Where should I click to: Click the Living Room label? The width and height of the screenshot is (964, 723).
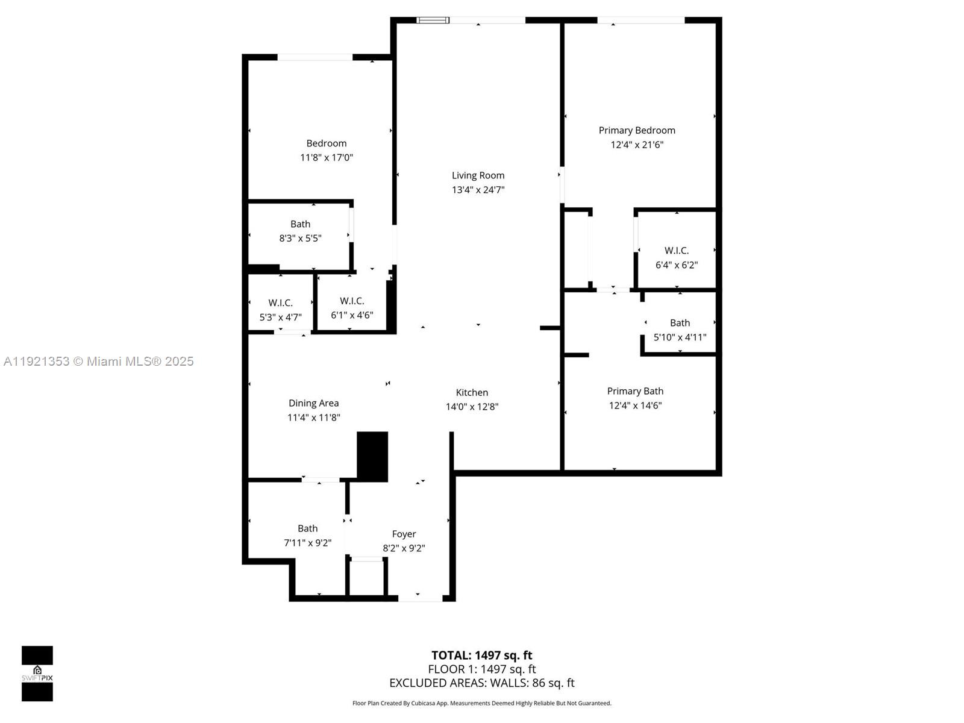coord(478,175)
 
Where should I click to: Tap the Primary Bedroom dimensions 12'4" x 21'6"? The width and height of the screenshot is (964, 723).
coord(637,145)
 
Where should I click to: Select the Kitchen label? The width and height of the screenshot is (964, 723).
coord(472,392)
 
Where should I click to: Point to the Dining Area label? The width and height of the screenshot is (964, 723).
coord(313,403)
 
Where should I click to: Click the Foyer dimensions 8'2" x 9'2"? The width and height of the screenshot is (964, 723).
coord(404,548)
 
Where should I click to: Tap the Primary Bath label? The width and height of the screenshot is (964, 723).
coord(635,391)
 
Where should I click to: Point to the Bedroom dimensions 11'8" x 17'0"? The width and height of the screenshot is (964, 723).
coord(327,158)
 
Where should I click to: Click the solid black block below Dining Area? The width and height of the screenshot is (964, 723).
coord(372,456)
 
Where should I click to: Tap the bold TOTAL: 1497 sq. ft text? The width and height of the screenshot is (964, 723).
coord(481,656)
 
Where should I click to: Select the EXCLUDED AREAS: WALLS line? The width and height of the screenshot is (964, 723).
coord(481,683)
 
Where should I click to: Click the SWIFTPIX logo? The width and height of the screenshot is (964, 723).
coord(37,674)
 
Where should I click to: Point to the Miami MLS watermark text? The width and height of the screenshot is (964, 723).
coord(99,361)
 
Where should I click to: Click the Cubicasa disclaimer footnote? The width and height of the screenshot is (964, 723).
coord(481,703)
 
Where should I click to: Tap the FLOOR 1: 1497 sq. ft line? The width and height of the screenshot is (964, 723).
coord(481,669)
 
